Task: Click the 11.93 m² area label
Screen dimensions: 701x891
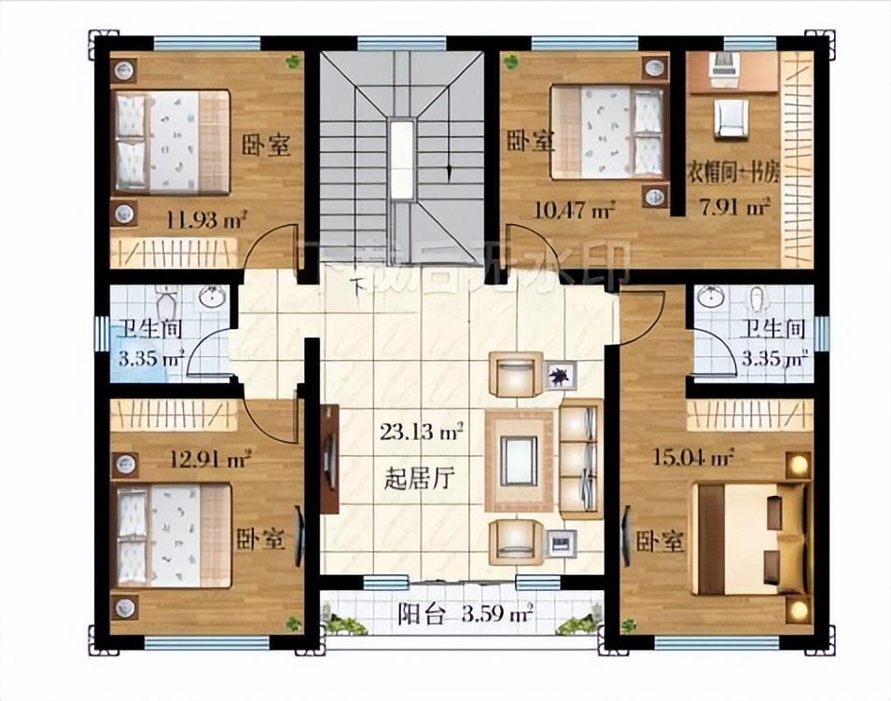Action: coord(206,220)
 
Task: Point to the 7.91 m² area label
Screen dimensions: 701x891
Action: coord(734,206)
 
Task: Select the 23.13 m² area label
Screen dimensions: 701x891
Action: coord(423,432)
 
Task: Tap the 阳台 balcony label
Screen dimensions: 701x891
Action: coord(414,614)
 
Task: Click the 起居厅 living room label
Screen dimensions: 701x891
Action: coord(419,480)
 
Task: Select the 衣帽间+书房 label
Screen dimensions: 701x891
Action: coord(733,172)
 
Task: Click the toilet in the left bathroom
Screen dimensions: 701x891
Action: coord(167,303)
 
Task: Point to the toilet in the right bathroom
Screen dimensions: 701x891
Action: coord(758,298)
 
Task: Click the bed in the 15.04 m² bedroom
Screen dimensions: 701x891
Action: coord(746,538)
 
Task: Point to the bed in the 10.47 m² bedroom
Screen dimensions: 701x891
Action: coord(606,131)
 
